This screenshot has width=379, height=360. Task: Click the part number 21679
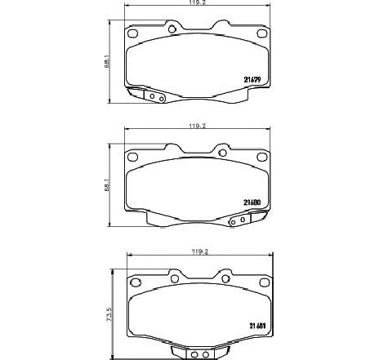pos(252,80)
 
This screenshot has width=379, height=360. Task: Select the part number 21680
pos(252,202)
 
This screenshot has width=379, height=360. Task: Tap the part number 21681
pos(257,326)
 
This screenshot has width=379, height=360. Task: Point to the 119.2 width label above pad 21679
pos(198,2)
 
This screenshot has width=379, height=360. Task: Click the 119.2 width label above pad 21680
pos(198,126)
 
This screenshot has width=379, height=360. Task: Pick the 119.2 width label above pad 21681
pos(200,252)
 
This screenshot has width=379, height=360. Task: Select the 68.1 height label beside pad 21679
pos(106,61)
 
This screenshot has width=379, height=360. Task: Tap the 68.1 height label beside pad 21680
pos(106,184)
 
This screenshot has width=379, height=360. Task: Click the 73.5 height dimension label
pos(109,313)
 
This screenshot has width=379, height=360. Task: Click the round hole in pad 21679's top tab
pos(172,29)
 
